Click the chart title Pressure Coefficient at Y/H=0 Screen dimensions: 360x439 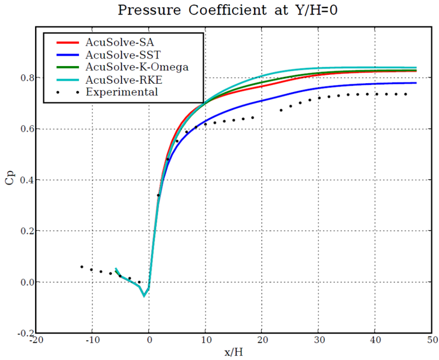point(219,10)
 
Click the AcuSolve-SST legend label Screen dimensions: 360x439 point(117,55)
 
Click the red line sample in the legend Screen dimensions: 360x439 point(67,43)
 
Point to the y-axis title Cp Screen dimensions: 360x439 point(8,179)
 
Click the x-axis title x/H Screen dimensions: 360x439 point(233,352)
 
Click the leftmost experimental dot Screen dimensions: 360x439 point(81,266)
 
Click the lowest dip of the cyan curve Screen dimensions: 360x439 point(143,296)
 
